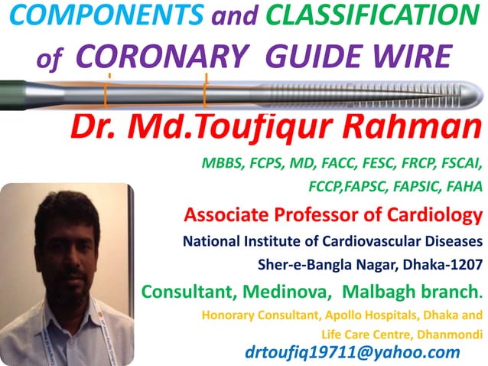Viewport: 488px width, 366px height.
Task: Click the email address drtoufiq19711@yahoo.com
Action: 353,352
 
